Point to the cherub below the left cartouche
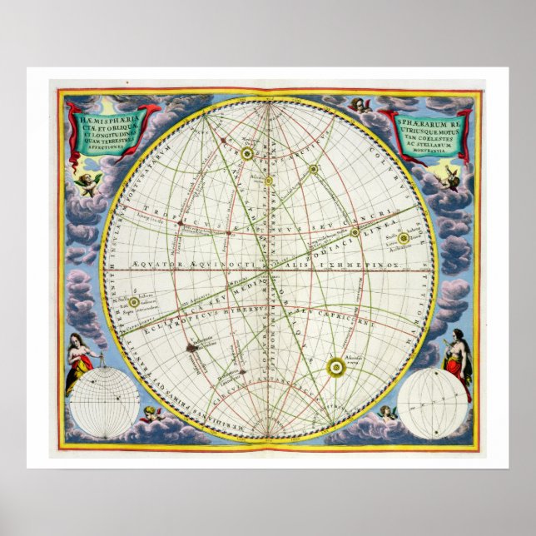click(x=88, y=182)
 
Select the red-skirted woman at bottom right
click(x=456, y=366)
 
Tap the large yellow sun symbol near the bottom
click(x=336, y=364)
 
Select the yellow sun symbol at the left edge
click(x=133, y=302)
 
